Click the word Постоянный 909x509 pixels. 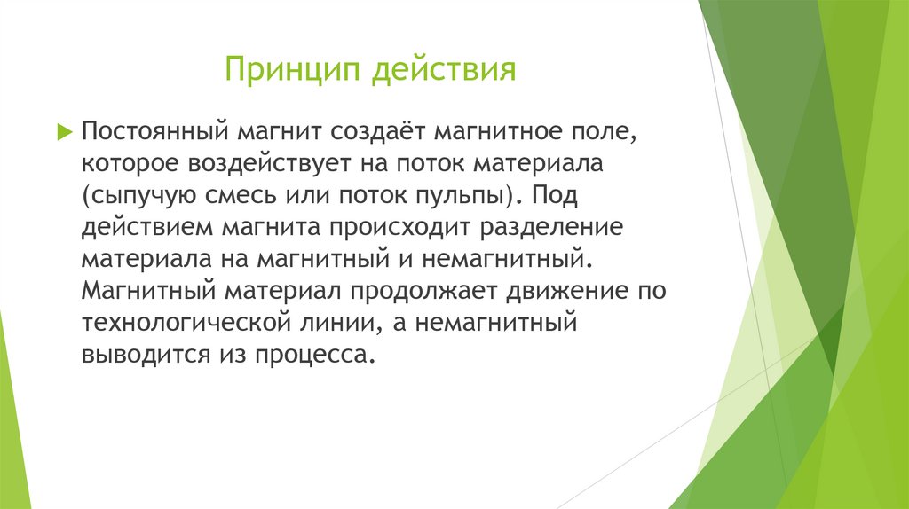(x=156, y=132)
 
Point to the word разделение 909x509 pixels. (x=552, y=227)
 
